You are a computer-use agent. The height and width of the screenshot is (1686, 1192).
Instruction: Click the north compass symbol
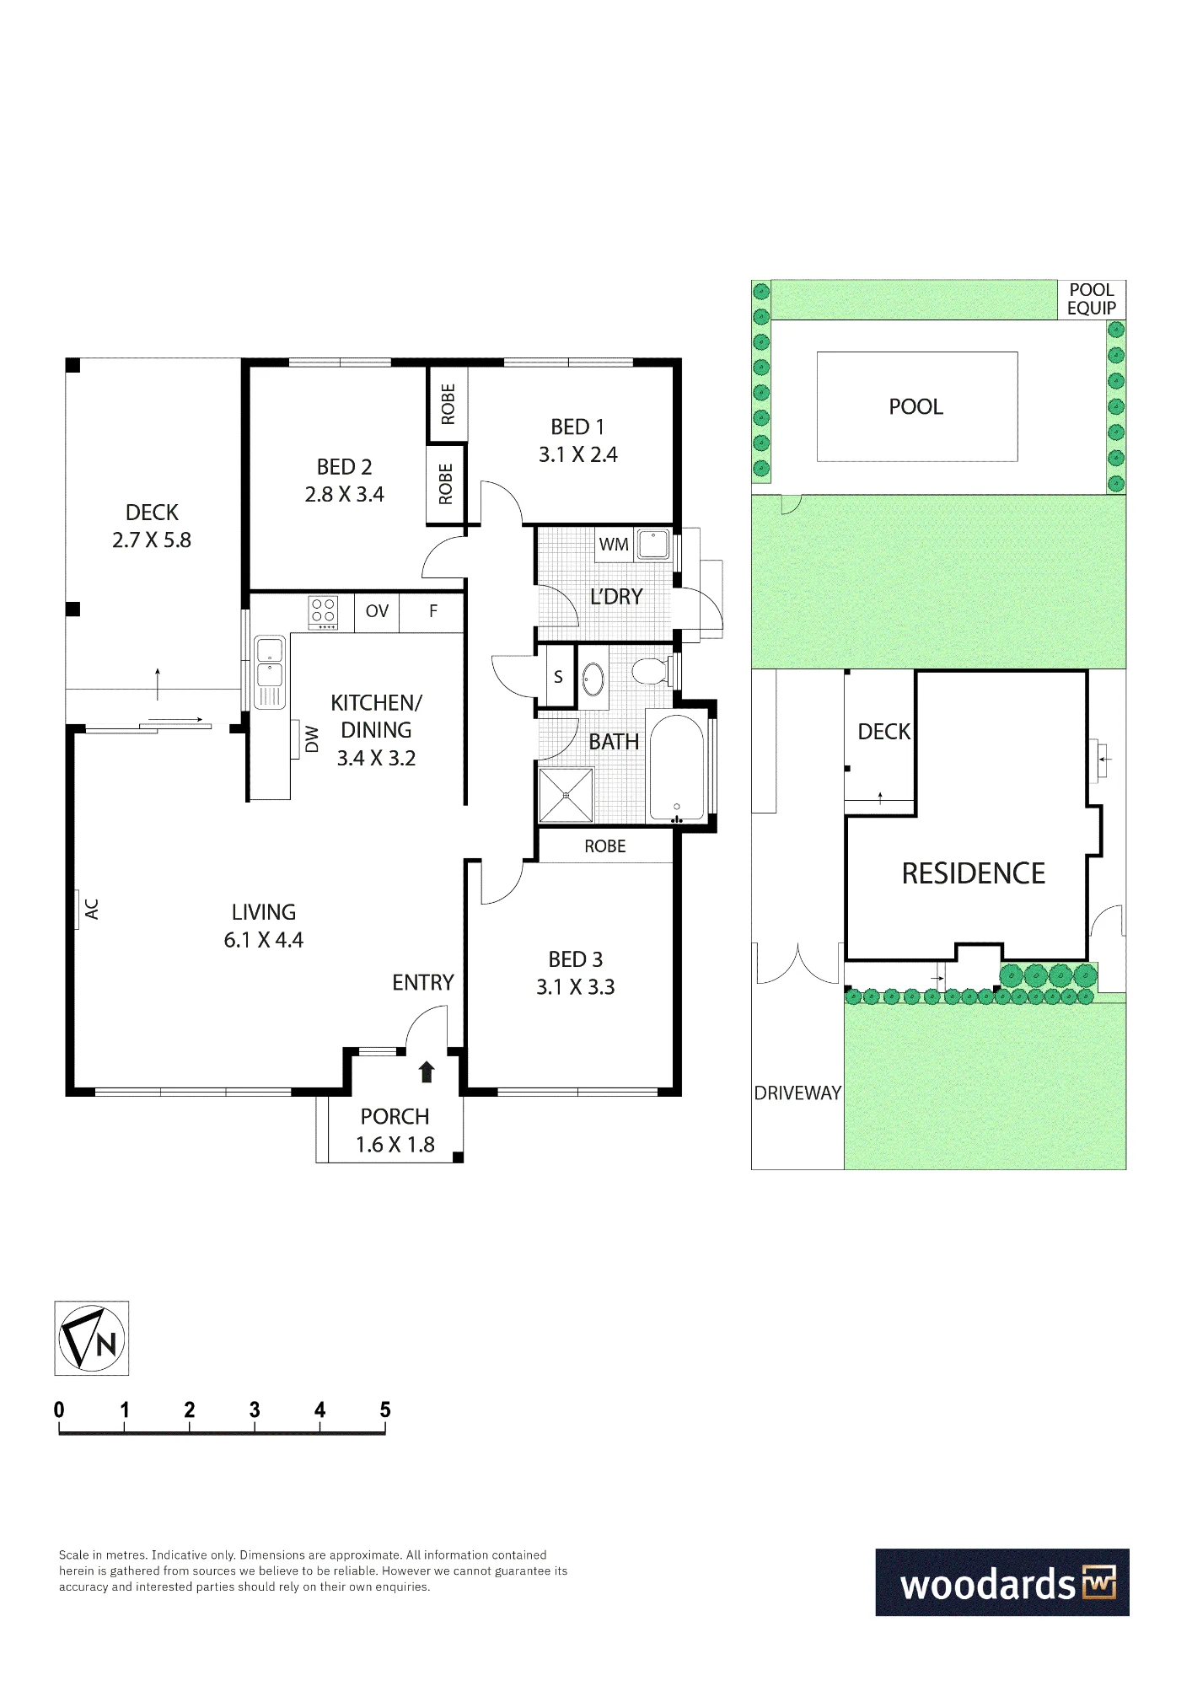92,1339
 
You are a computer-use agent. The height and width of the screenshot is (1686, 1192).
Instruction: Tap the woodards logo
1002,1582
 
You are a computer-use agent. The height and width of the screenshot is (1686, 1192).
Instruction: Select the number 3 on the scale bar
255,1409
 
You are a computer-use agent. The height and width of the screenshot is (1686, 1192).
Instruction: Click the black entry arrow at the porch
427,1071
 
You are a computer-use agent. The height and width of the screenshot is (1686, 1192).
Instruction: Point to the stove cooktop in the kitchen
324,613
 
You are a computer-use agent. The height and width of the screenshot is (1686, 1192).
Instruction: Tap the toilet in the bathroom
651,672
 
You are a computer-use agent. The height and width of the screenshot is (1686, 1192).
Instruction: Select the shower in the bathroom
566,794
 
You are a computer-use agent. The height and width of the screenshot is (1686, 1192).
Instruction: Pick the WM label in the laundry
614,545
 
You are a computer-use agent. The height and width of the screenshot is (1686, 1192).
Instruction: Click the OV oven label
377,610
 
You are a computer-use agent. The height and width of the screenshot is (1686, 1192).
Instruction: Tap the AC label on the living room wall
92,909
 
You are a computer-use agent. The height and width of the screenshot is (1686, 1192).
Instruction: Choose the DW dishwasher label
312,739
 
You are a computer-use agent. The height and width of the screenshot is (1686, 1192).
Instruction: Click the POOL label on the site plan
915,406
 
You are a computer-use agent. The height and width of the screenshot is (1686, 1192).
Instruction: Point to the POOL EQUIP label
1092,299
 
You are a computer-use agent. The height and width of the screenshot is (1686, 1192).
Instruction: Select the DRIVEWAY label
797,1093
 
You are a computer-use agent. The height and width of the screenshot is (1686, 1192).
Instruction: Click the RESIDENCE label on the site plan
974,873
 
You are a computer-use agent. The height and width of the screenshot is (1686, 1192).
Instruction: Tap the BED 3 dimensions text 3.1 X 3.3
576,986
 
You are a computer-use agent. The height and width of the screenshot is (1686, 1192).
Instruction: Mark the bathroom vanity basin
594,679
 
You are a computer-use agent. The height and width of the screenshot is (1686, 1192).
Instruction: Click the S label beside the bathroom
558,677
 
